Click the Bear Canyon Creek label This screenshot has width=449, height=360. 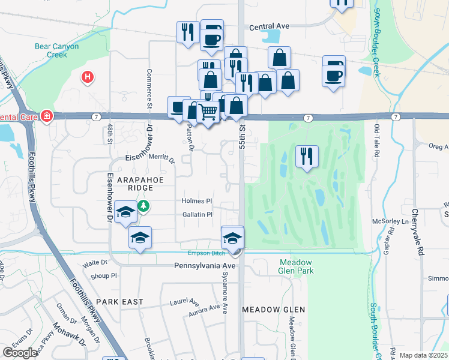pos(50,49)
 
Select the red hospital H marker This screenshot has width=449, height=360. pos(88,77)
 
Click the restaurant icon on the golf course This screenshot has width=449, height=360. pos(307,157)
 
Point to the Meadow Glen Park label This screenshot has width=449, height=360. pos(296,266)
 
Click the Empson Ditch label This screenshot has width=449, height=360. pos(206,253)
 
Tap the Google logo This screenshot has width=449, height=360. pos(20,352)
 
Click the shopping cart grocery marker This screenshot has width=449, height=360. pos(208,111)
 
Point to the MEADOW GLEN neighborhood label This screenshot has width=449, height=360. pos(273,310)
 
